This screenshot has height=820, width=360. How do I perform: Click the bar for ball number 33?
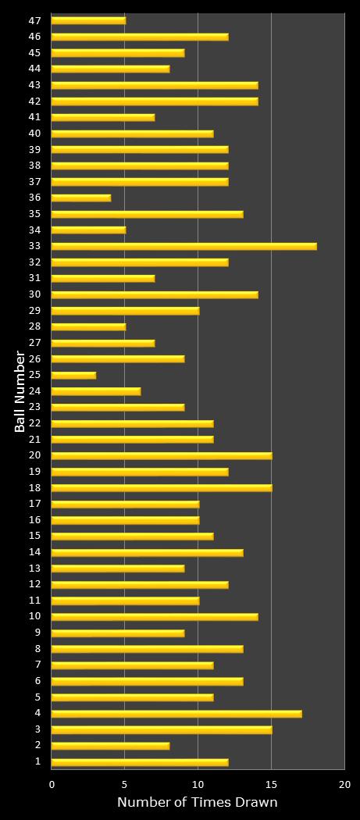click(x=184, y=246)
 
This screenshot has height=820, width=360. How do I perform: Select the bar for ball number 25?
click(x=73, y=375)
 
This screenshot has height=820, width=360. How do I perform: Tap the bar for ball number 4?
click(x=176, y=713)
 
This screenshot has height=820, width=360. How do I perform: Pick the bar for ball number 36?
click(x=81, y=198)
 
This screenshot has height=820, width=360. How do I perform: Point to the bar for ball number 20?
click(x=162, y=455)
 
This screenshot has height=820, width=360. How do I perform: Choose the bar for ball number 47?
click(x=88, y=20)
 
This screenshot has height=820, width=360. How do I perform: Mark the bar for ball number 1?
click(x=140, y=761)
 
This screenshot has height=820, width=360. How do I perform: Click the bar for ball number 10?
click(x=155, y=616)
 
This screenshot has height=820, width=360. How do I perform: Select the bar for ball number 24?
click(x=96, y=391)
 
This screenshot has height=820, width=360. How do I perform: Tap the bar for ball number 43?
click(x=155, y=85)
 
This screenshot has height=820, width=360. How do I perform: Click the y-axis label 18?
click(x=35, y=487)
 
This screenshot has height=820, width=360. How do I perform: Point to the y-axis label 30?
click(x=35, y=294)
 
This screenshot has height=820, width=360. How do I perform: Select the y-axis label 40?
click(x=35, y=134)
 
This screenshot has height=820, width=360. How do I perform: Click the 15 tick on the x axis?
click(x=271, y=784)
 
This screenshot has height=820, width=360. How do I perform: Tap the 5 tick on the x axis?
click(x=125, y=784)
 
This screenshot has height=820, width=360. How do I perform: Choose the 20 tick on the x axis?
click(x=344, y=784)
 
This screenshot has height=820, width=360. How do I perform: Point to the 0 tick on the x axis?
click(x=52, y=784)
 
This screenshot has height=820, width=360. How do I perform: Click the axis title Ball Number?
click(x=20, y=391)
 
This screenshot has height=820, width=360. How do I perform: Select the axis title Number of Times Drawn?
click(x=198, y=803)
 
